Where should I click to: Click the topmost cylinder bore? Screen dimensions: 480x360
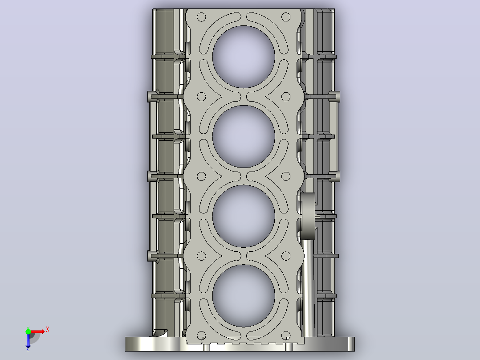point(244,57)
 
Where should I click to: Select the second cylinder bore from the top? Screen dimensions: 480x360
point(244,137)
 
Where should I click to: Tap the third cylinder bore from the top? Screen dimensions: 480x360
point(244,216)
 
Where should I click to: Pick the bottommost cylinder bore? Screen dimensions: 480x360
point(244,296)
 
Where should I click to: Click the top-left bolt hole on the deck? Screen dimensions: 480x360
point(201,17)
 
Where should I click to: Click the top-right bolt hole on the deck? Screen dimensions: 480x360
point(286,17)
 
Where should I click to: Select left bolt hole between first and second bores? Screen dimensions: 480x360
point(201,97)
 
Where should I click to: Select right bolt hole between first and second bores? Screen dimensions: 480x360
point(286,97)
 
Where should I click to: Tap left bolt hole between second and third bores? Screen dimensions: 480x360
point(201,176)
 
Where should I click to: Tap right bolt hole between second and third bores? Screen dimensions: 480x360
point(286,176)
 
